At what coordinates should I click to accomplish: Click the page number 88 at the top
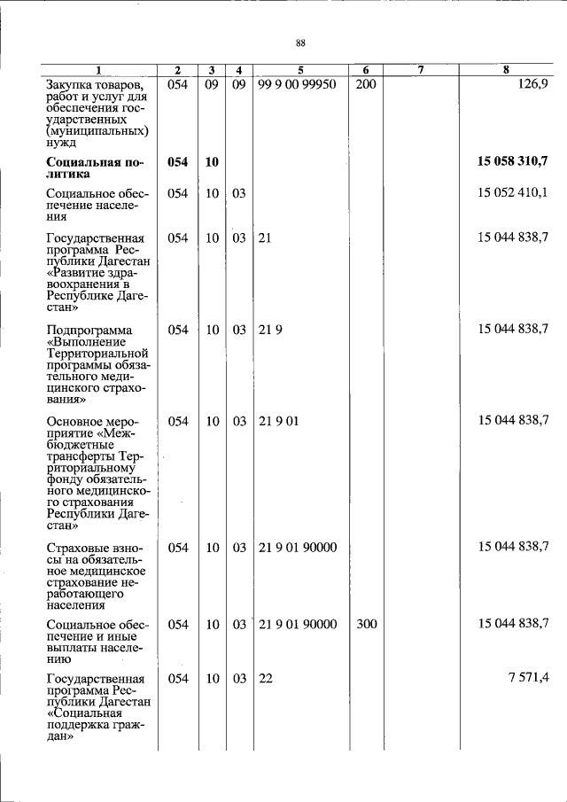tap(300, 43)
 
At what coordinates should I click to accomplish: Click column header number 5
tap(300, 71)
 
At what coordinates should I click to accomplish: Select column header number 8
tap(506, 71)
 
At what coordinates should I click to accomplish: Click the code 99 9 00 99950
tap(297, 84)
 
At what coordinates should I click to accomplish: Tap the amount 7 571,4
tap(529, 678)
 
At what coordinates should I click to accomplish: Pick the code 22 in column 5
tap(265, 678)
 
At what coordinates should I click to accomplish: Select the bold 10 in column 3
tap(212, 161)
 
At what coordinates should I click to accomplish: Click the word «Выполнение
tap(85, 342)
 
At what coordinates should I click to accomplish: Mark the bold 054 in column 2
tap(178, 161)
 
